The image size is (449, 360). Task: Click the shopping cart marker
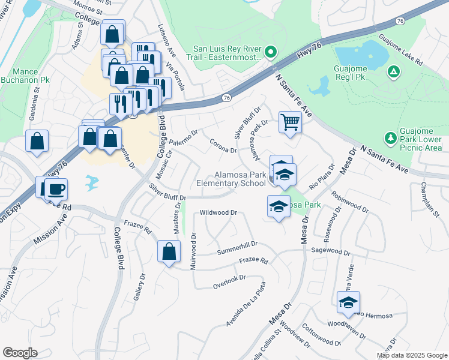(x=290, y=122)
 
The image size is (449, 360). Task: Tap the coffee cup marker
(x=56, y=190)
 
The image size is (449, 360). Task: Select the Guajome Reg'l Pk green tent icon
(x=393, y=72)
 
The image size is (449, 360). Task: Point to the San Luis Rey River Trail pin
(x=271, y=53)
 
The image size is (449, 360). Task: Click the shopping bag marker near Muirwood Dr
(x=169, y=251)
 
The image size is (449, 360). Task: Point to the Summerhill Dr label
(x=237, y=245)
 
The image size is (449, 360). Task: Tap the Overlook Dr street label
(x=229, y=282)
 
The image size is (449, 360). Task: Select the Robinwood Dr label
(x=349, y=203)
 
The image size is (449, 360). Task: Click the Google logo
(x=20, y=352)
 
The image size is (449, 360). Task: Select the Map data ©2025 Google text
(x=411, y=355)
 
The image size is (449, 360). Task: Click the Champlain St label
(x=430, y=199)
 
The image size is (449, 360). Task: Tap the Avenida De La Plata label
(x=246, y=305)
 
